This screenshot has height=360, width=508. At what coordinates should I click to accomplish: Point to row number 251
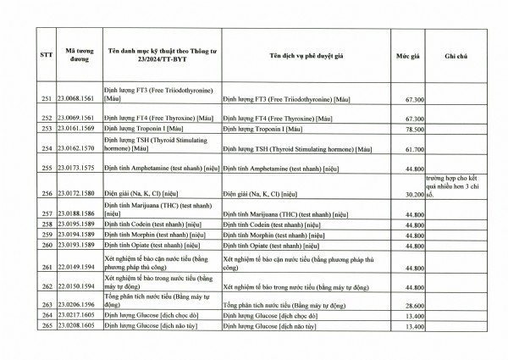point(47,99)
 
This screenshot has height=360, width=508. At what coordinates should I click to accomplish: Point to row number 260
point(47,245)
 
